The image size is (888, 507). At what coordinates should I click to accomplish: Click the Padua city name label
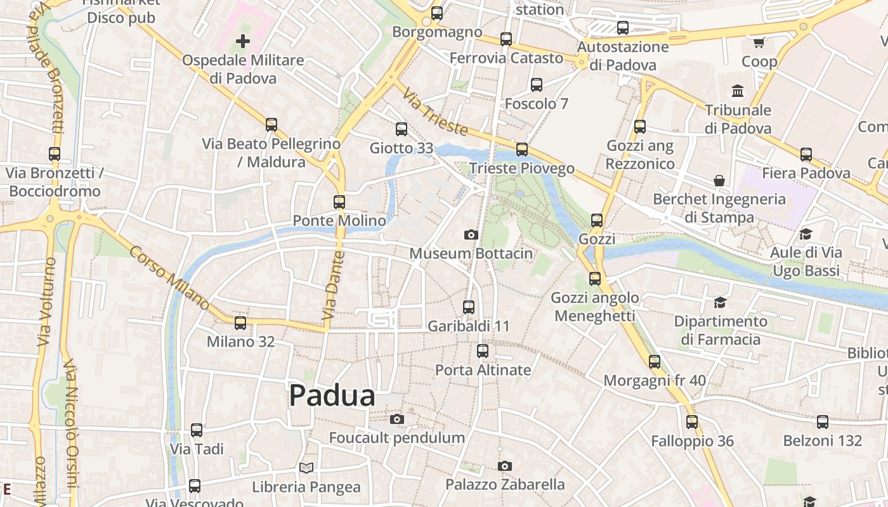[x=332, y=396]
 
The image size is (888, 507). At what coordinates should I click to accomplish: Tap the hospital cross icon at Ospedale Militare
[x=243, y=42]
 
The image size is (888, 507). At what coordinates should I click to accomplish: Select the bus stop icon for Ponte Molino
[x=339, y=202]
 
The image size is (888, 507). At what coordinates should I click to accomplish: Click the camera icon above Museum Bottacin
[x=471, y=235]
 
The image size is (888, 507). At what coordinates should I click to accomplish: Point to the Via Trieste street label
[x=435, y=112]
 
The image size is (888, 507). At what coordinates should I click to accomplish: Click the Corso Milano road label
[x=169, y=278]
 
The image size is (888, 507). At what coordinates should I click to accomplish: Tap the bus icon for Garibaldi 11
[x=469, y=307]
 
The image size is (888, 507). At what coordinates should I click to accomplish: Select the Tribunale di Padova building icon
[x=738, y=91]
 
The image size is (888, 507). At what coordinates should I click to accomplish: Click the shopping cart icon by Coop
[x=759, y=42]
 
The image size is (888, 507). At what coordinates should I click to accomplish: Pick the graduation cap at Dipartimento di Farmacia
[x=720, y=302]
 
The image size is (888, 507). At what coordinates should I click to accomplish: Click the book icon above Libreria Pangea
[x=306, y=468]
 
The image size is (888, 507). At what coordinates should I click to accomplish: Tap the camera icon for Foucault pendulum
[x=397, y=419]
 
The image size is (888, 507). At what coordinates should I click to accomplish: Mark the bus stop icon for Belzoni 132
[x=823, y=421]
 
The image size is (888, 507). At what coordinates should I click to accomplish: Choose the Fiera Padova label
[x=806, y=173]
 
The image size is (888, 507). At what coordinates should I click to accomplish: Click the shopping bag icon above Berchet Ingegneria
[x=719, y=181]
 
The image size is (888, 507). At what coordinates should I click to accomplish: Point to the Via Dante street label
[x=332, y=285]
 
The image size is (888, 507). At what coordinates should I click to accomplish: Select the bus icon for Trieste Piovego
[x=522, y=150]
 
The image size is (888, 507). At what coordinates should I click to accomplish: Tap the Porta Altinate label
[x=483, y=369]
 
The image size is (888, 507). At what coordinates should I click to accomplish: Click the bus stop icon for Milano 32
[x=240, y=323]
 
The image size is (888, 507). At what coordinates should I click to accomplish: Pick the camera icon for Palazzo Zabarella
[x=505, y=466]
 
